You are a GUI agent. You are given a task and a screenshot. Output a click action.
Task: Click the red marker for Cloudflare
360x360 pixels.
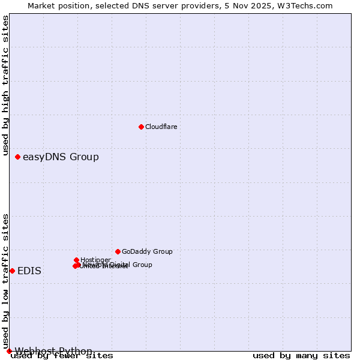click(141, 127)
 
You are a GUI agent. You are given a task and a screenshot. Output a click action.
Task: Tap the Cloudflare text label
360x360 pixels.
click(161, 127)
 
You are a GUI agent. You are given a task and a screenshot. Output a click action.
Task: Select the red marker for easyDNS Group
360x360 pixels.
click(17, 157)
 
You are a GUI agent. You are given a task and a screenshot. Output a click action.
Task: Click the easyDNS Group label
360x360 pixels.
click(61, 157)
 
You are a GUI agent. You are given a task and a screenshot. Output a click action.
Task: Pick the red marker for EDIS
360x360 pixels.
click(12, 271)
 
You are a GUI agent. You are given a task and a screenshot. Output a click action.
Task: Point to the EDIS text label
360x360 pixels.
click(29, 271)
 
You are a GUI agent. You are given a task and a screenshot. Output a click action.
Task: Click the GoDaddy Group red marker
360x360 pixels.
click(118, 251)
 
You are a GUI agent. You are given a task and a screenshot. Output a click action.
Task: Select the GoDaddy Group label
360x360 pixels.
click(147, 251)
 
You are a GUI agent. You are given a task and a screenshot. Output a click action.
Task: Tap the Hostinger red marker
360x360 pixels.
click(76, 260)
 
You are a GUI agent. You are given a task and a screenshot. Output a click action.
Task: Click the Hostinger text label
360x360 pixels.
click(95, 260)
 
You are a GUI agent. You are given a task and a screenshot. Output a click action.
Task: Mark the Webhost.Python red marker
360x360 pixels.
click(9, 351)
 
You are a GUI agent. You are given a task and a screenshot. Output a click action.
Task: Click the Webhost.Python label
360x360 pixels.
click(53, 351)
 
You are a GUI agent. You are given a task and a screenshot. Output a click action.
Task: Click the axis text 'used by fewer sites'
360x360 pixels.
click(62, 356)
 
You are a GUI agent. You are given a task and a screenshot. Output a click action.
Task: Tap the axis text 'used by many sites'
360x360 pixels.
click(301, 356)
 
